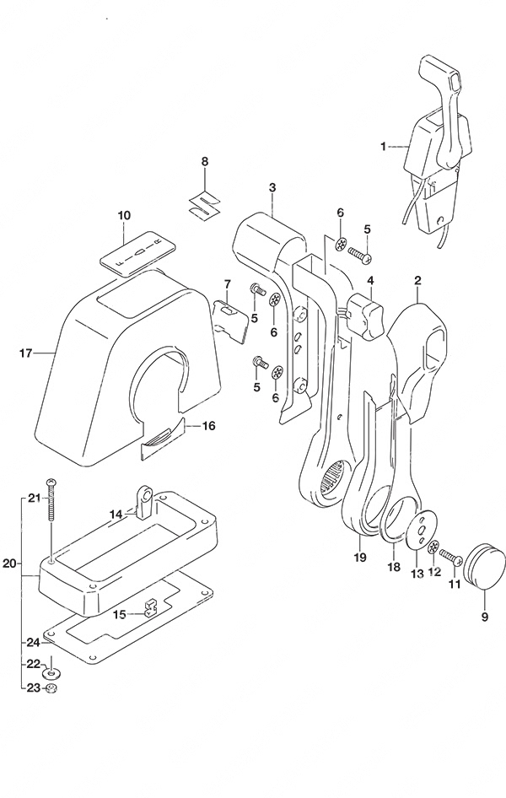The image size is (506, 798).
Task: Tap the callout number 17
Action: click(x=26, y=352)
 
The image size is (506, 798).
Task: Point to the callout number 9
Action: click(x=484, y=617)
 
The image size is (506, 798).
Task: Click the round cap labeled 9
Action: click(x=484, y=564)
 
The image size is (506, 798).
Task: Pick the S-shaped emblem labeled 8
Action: click(x=204, y=205)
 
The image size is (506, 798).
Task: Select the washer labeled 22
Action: click(x=51, y=674)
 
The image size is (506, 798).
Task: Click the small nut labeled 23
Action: click(x=51, y=689)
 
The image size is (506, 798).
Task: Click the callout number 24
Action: click(x=33, y=643)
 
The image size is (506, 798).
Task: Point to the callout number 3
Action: click(x=272, y=187)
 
